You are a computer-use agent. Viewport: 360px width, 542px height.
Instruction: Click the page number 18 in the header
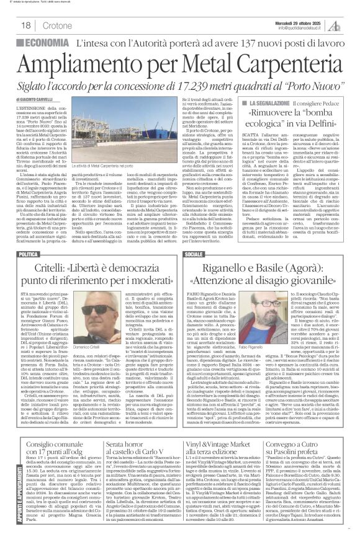(27, 25)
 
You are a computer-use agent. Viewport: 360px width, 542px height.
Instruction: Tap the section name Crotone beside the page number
(57, 25)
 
